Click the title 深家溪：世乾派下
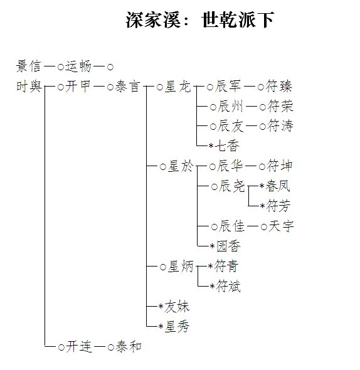(199, 20)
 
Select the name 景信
(29, 66)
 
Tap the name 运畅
(78, 66)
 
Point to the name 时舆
(29, 86)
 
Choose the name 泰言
(127, 87)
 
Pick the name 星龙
(177, 87)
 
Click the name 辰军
(228, 86)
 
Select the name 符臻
(279, 86)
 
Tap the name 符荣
(280, 106)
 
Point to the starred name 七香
(227, 145)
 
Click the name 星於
(181, 166)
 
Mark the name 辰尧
(231, 186)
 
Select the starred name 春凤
(278, 186)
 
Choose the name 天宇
(281, 226)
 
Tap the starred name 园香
(228, 246)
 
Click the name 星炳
(181, 267)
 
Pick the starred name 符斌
(228, 286)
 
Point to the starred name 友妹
(177, 306)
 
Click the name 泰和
(128, 346)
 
